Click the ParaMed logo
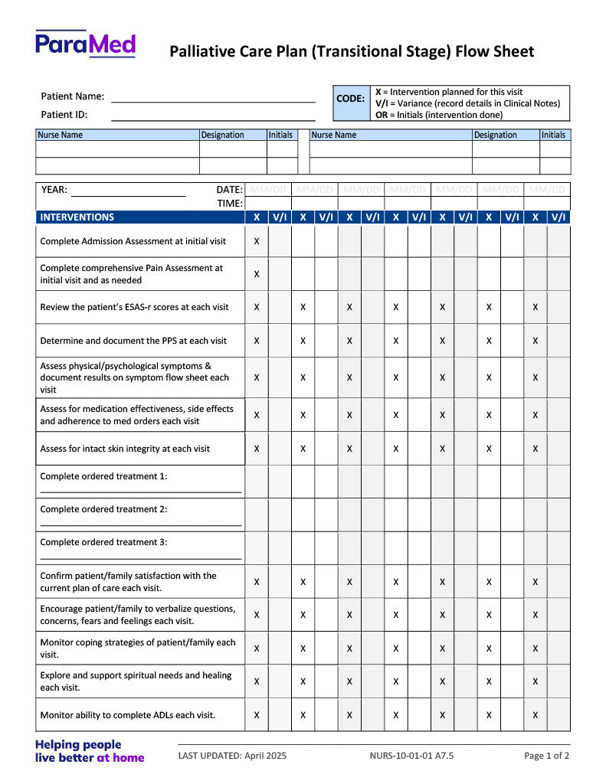point(86,44)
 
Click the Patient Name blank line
point(213,101)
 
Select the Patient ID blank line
point(213,119)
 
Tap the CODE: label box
point(351,99)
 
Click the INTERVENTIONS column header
point(77,217)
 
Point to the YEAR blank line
point(128,195)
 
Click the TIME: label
point(230,204)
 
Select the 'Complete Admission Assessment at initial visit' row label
point(133,241)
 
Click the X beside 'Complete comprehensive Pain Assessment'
point(257,274)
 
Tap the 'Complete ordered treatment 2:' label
point(103,509)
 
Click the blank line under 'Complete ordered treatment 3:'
point(141,558)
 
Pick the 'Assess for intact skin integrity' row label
point(125,449)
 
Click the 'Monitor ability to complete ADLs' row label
point(128,715)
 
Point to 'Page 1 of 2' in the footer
point(546,756)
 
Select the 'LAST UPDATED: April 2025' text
point(232,756)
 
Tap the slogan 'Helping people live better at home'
point(89,751)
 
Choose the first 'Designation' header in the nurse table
point(222,135)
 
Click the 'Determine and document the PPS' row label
point(133,341)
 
